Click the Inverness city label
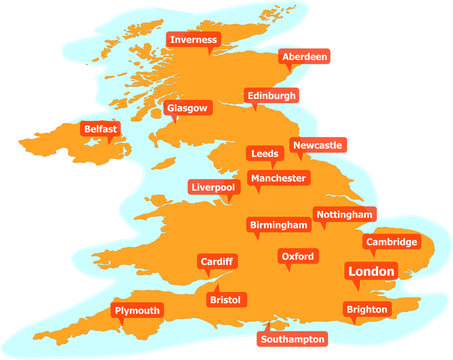tap(193, 40)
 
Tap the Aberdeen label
tap(304, 57)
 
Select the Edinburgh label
tap(272, 95)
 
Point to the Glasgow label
tap(187, 107)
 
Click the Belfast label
tap(101, 129)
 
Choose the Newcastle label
tap(318, 145)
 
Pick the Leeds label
tap(265, 153)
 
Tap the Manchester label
tap(279, 178)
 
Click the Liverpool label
tap(213, 187)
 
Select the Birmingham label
tap(273, 224)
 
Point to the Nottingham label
tap(344, 214)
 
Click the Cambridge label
tap(391, 242)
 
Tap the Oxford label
tap(298, 257)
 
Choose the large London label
tap(371, 271)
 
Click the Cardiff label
tap(217, 261)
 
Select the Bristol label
tap(226, 299)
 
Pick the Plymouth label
tap(137, 311)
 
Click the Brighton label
tap(367, 310)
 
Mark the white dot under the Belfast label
tap(109, 142)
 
